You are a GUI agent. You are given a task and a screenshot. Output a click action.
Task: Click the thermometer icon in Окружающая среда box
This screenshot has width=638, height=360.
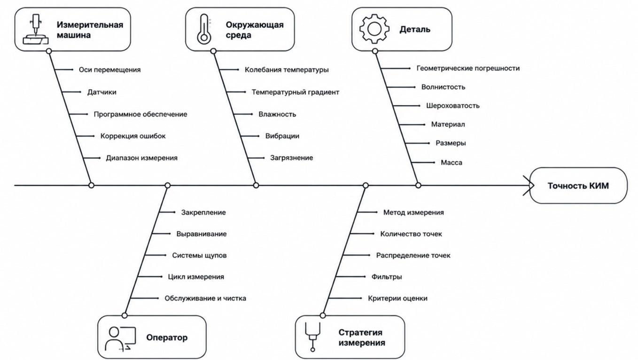point(204,29)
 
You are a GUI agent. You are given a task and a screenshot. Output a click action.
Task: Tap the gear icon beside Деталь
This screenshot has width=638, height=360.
point(374,29)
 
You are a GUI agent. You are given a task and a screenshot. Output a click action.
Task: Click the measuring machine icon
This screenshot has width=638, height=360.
point(36,29)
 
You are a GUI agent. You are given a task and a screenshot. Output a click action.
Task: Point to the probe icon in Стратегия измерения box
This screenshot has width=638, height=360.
point(312,337)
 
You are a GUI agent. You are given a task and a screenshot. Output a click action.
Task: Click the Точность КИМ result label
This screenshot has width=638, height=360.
point(578,186)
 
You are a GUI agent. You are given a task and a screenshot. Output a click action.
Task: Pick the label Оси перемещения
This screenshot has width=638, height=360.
point(109,70)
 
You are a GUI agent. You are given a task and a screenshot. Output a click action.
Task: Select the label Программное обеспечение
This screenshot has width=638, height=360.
point(140,114)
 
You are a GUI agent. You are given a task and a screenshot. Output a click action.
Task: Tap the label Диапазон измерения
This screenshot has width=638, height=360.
point(141,158)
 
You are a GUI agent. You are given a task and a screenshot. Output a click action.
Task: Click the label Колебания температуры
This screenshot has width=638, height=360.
point(287,70)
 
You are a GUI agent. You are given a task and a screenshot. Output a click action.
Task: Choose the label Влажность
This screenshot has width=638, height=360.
point(277,114)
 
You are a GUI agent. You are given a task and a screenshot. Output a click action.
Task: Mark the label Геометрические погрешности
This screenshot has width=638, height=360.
point(468,68)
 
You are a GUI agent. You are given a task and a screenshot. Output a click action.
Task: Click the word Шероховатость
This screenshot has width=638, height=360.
point(453,106)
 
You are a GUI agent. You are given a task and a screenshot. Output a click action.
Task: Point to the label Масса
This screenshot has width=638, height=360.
point(451,163)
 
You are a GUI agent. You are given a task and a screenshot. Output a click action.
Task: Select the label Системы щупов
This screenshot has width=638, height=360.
point(199,256)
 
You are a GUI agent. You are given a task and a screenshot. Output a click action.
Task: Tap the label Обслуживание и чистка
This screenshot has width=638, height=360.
point(205,298)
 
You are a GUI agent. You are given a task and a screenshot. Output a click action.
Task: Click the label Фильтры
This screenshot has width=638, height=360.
point(387,277)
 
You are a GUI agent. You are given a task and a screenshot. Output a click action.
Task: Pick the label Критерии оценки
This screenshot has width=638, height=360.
point(397,298)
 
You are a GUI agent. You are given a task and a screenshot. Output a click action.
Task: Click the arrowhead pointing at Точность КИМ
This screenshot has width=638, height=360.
point(529,186)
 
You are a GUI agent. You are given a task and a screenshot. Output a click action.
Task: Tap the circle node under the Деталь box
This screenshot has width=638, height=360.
point(375,51)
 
